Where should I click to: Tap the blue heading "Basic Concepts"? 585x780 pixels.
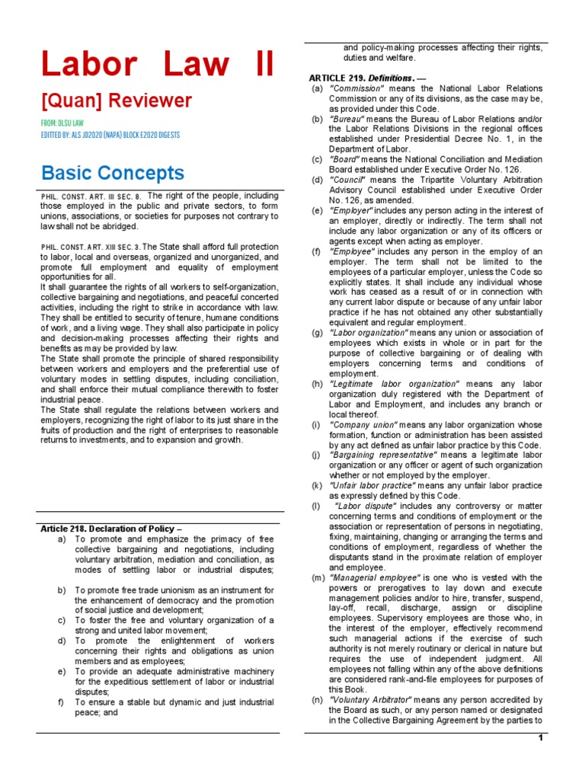[x=112, y=172]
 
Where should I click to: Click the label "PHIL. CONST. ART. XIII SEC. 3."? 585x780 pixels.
[x=91, y=247]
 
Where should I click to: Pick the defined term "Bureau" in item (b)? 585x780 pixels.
[x=347, y=120]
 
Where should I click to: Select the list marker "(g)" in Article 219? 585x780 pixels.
[x=316, y=333]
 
